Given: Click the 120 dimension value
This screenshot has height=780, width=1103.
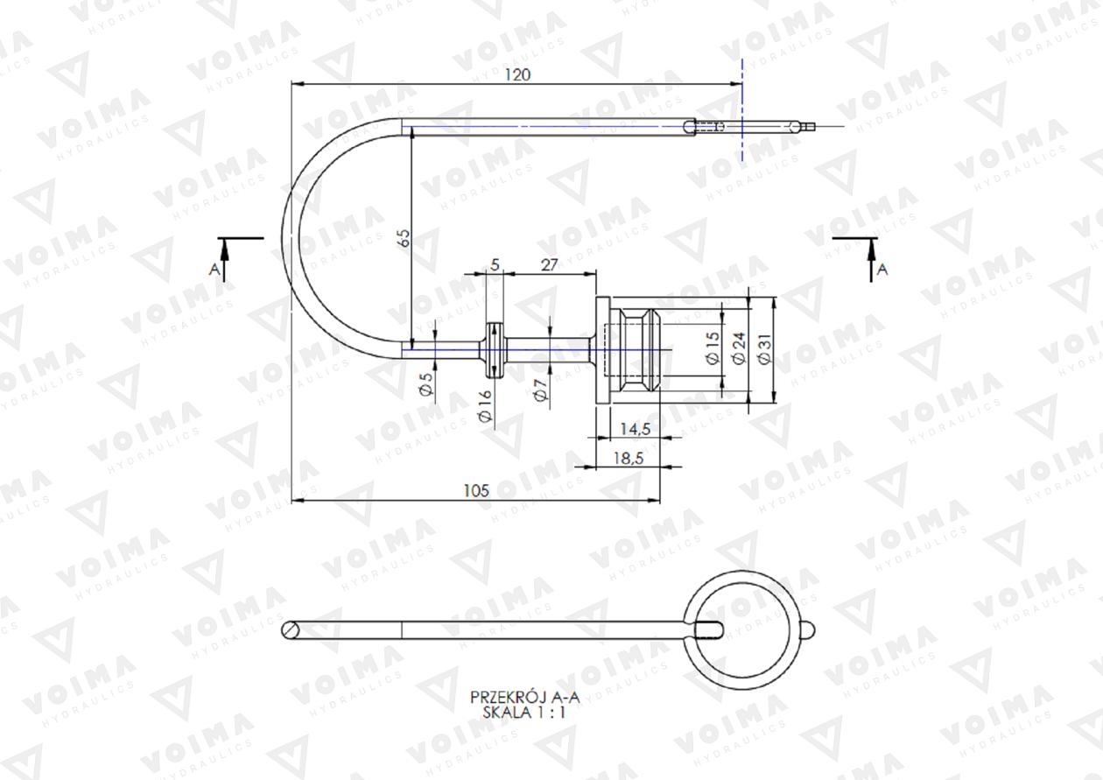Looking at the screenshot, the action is pyautogui.click(x=518, y=75).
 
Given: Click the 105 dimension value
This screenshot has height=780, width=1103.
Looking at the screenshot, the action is pyautogui.click(x=476, y=491).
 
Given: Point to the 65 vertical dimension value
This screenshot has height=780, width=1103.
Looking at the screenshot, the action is pyautogui.click(x=404, y=238).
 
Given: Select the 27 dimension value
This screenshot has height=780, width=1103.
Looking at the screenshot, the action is pyautogui.click(x=549, y=265).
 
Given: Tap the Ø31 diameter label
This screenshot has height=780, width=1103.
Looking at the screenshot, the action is pyautogui.click(x=764, y=348).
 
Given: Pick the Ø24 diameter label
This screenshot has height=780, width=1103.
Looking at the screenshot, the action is pyautogui.click(x=739, y=348).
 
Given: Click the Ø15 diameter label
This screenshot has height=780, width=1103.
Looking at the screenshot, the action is pyautogui.click(x=713, y=348).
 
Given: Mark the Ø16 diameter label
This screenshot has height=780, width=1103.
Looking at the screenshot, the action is pyautogui.click(x=485, y=406).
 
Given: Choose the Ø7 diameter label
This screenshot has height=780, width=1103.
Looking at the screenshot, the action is pyautogui.click(x=540, y=390).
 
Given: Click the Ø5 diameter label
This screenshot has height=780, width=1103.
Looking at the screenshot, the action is pyautogui.click(x=426, y=384).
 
